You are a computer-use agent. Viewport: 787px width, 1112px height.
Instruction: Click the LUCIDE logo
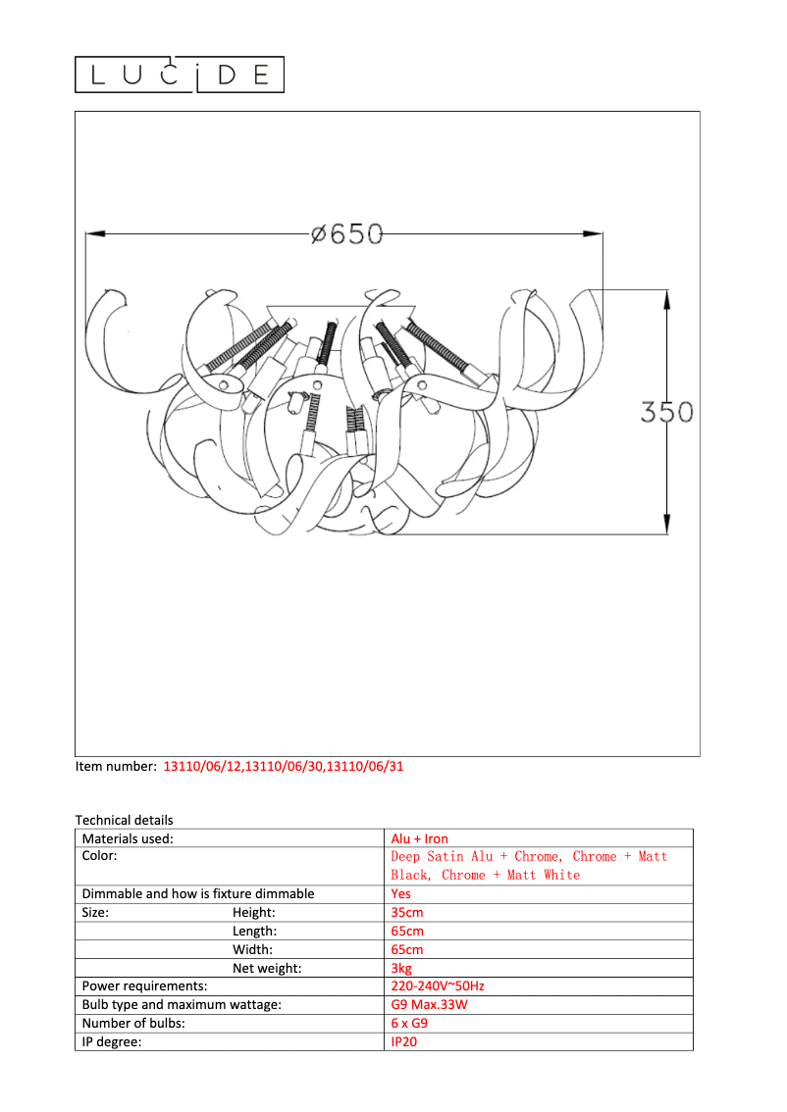click(180, 75)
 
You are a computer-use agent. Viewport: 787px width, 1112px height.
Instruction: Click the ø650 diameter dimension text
click(345, 234)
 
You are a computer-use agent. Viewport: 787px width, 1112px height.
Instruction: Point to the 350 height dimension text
click(666, 412)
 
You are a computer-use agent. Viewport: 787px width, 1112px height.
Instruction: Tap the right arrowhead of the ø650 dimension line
click(593, 233)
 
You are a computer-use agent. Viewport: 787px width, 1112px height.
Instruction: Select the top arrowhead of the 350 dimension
click(666, 299)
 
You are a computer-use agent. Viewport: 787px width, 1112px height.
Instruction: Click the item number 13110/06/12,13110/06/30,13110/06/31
click(283, 767)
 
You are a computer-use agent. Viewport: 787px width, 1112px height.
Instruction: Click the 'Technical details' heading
click(124, 820)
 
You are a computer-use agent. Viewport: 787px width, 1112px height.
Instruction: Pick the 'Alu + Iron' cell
click(419, 838)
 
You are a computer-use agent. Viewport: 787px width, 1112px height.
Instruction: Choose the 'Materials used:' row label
click(128, 838)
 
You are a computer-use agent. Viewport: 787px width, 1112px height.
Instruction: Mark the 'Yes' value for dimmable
click(401, 893)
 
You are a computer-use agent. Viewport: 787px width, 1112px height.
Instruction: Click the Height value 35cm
click(407, 912)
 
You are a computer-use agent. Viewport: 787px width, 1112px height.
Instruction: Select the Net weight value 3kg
click(401, 968)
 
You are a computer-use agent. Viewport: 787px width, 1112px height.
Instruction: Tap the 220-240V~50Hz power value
click(438, 986)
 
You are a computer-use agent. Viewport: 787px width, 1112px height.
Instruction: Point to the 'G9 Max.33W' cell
click(429, 1005)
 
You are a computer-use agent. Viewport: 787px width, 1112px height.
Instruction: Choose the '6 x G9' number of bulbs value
click(409, 1023)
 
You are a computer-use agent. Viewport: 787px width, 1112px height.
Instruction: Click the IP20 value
click(404, 1041)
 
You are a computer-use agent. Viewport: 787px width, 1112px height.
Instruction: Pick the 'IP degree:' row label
click(112, 1041)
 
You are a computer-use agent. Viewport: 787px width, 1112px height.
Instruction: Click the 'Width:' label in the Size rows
click(252, 949)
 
